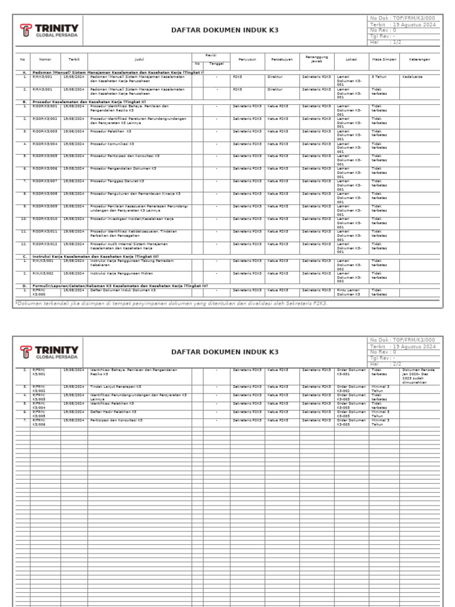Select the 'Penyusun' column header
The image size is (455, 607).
click(x=247, y=59)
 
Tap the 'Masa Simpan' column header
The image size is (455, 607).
click(x=384, y=59)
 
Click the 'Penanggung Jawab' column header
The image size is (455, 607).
click(x=317, y=59)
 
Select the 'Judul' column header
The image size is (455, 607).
click(x=139, y=59)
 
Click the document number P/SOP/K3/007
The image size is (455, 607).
click(x=45, y=181)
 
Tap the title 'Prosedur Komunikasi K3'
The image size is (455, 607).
click(x=112, y=144)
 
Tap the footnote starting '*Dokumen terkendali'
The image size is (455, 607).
click(x=172, y=303)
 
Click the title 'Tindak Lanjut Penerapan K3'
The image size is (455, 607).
click(x=115, y=386)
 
